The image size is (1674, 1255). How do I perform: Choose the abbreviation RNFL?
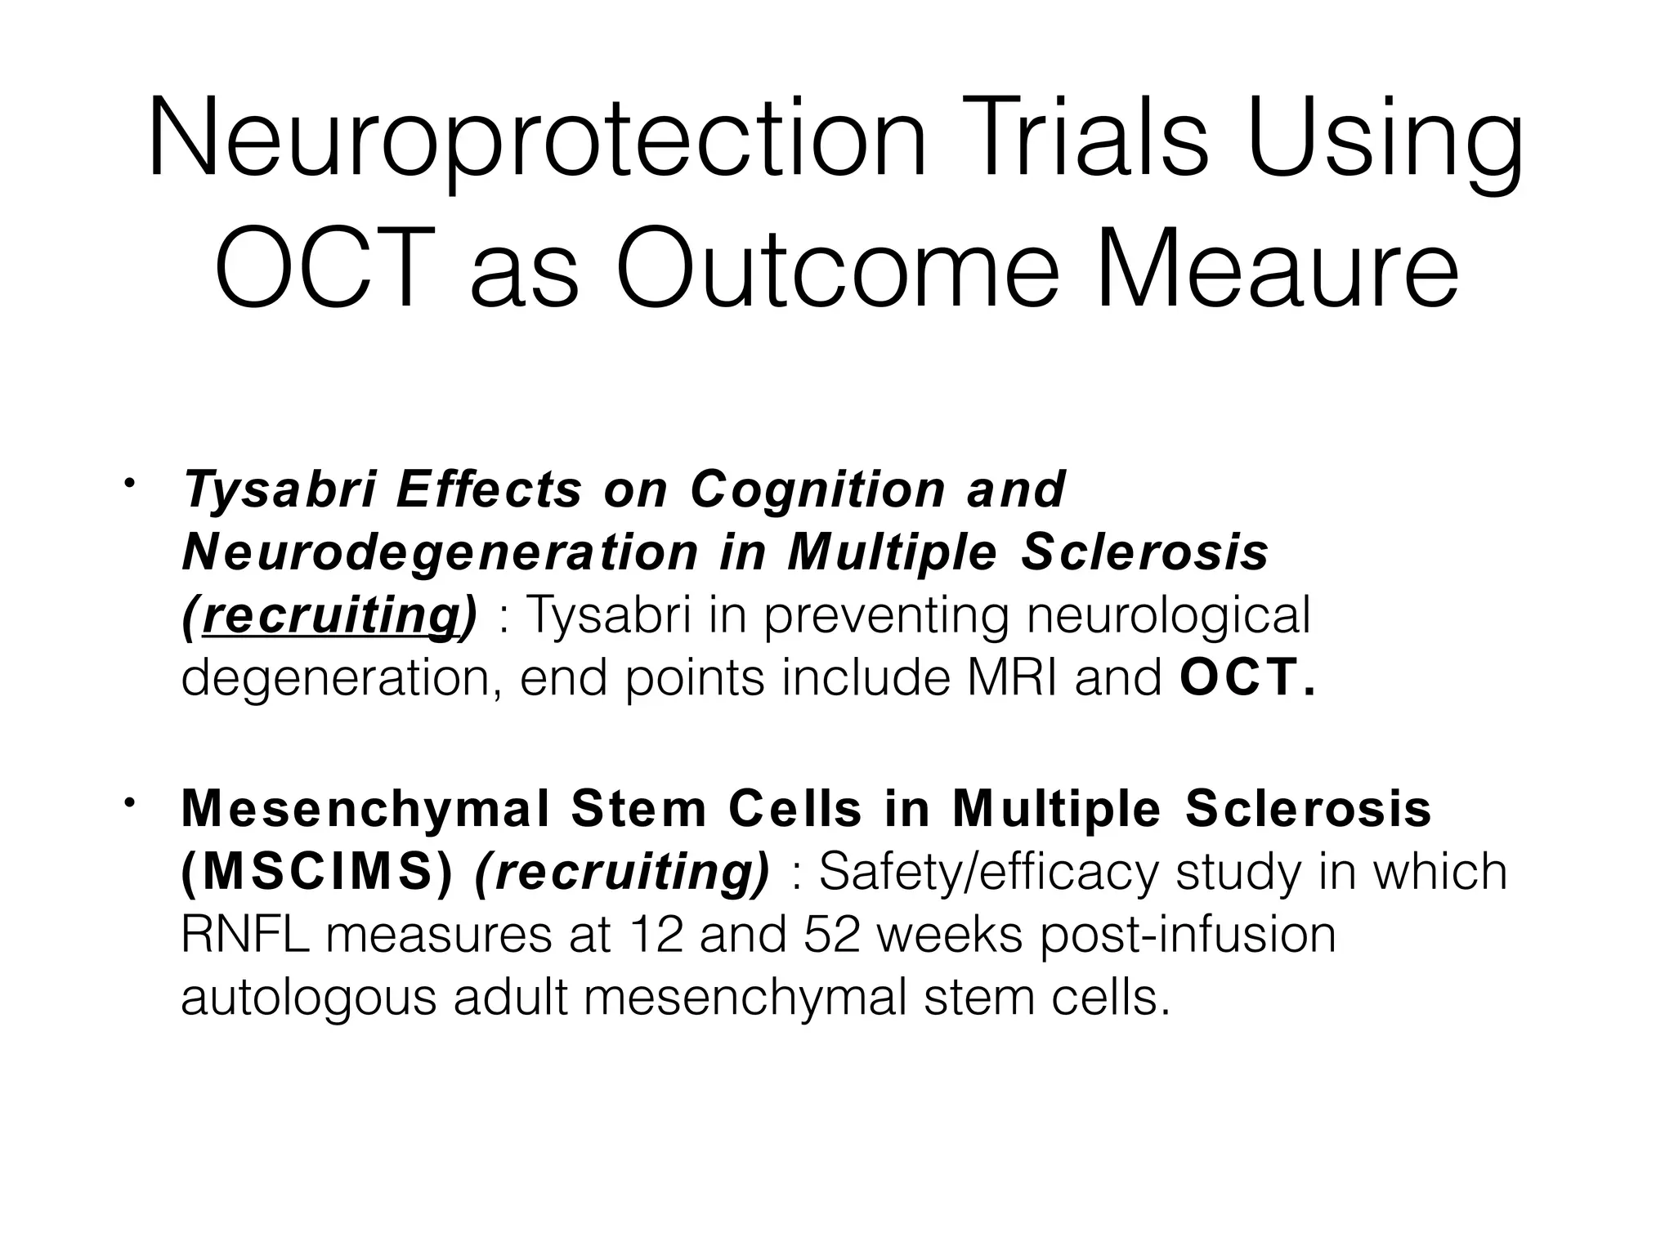click(244, 935)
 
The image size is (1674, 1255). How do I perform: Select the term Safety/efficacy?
click(988, 872)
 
